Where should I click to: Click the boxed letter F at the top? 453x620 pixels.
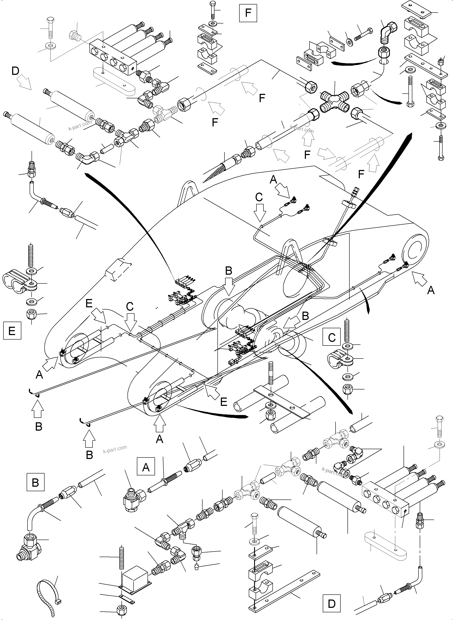[248, 13]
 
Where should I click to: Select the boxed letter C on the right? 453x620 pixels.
[332, 337]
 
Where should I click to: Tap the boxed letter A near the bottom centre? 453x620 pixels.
[146, 466]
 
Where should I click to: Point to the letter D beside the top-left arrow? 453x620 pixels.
[15, 71]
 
